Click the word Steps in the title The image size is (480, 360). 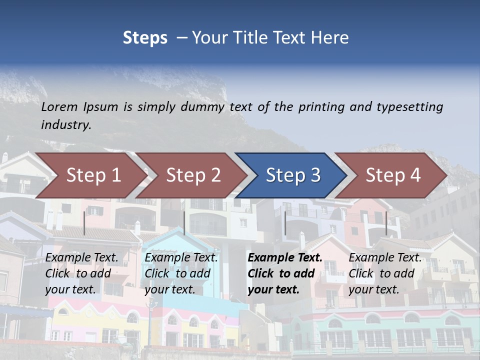click(145, 38)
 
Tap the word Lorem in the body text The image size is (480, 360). click(59, 106)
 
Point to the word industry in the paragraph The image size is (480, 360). click(65, 124)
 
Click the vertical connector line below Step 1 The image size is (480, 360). click(84, 223)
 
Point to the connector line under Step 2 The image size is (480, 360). click(184, 223)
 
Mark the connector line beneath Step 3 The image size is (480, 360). click(285, 223)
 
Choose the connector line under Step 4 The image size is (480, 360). click(386, 223)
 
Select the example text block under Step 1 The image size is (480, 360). click(82, 273)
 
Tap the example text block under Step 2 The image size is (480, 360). click(181, 273)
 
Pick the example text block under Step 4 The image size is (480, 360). click(385, 273)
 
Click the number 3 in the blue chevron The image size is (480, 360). click(315, 175)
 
